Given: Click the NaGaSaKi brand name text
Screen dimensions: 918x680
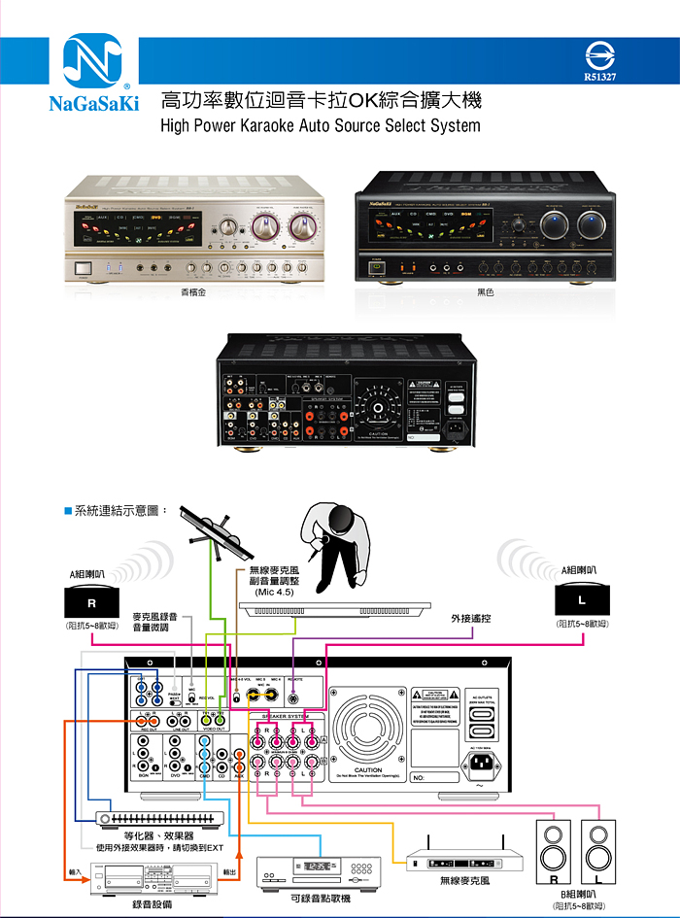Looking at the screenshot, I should point(94,102).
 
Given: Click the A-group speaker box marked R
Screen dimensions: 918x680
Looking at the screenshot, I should point(90,602).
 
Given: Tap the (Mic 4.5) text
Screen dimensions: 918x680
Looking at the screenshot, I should point(274,592).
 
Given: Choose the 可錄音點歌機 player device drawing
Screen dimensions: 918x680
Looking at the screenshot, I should point(320,871).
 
